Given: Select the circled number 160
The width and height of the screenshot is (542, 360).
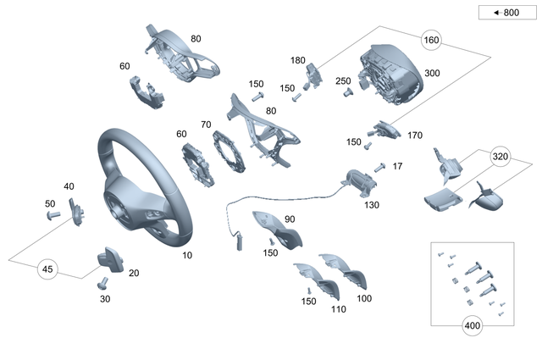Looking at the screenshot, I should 432,40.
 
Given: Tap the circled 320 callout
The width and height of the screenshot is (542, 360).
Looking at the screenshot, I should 501,157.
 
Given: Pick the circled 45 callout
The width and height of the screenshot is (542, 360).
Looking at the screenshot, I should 48,269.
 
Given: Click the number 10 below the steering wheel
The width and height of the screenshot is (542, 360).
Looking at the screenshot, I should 187,254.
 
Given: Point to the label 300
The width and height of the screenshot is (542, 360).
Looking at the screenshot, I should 432,74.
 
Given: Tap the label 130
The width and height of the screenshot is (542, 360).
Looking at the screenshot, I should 372,204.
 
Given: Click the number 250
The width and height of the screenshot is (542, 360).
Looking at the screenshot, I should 343,80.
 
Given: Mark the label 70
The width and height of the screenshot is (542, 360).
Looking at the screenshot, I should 205,125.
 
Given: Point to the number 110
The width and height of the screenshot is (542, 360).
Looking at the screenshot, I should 339,309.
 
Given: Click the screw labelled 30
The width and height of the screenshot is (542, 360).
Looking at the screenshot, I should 103,283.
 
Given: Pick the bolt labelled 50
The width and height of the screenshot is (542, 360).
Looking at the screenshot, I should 53,216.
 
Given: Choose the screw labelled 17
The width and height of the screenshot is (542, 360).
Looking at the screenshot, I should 379,167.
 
